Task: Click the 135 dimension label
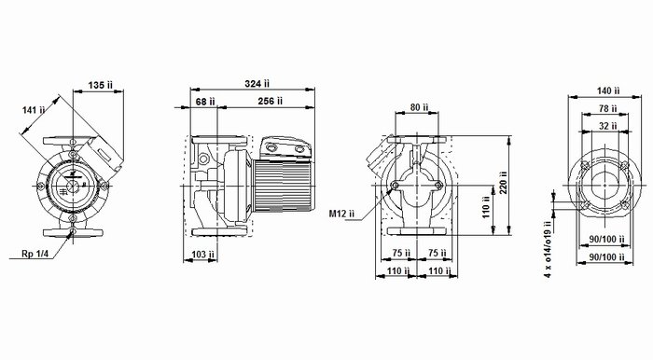pyautogui.click(x=100, y=85)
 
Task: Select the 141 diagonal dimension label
pyautogui.click(x=34, y=110)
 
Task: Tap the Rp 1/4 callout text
pyautogui.click(x=35, y=254)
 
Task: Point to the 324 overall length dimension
pyautogui.click(x=257, y=84)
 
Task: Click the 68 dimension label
pyautogui.click(x=205, y=102)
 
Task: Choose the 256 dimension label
pyautogui.click(x=271, y=101)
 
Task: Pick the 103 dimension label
pyautogui.click(x=202, y=255)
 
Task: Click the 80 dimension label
pyautogui.click(x=419, y=107)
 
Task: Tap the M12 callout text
pyautogui.click(x=341, y=214)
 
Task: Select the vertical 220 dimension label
pyautogui.click(x=504, y=183)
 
